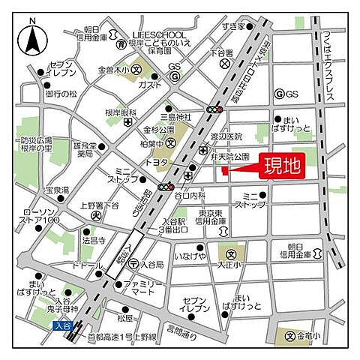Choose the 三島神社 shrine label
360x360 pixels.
click(x=177, y=117)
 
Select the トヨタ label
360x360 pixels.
click(x=157, y=161)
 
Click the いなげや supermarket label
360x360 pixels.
click(x=190, y=258)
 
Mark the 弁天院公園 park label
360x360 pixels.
click(x=229, y=158)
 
